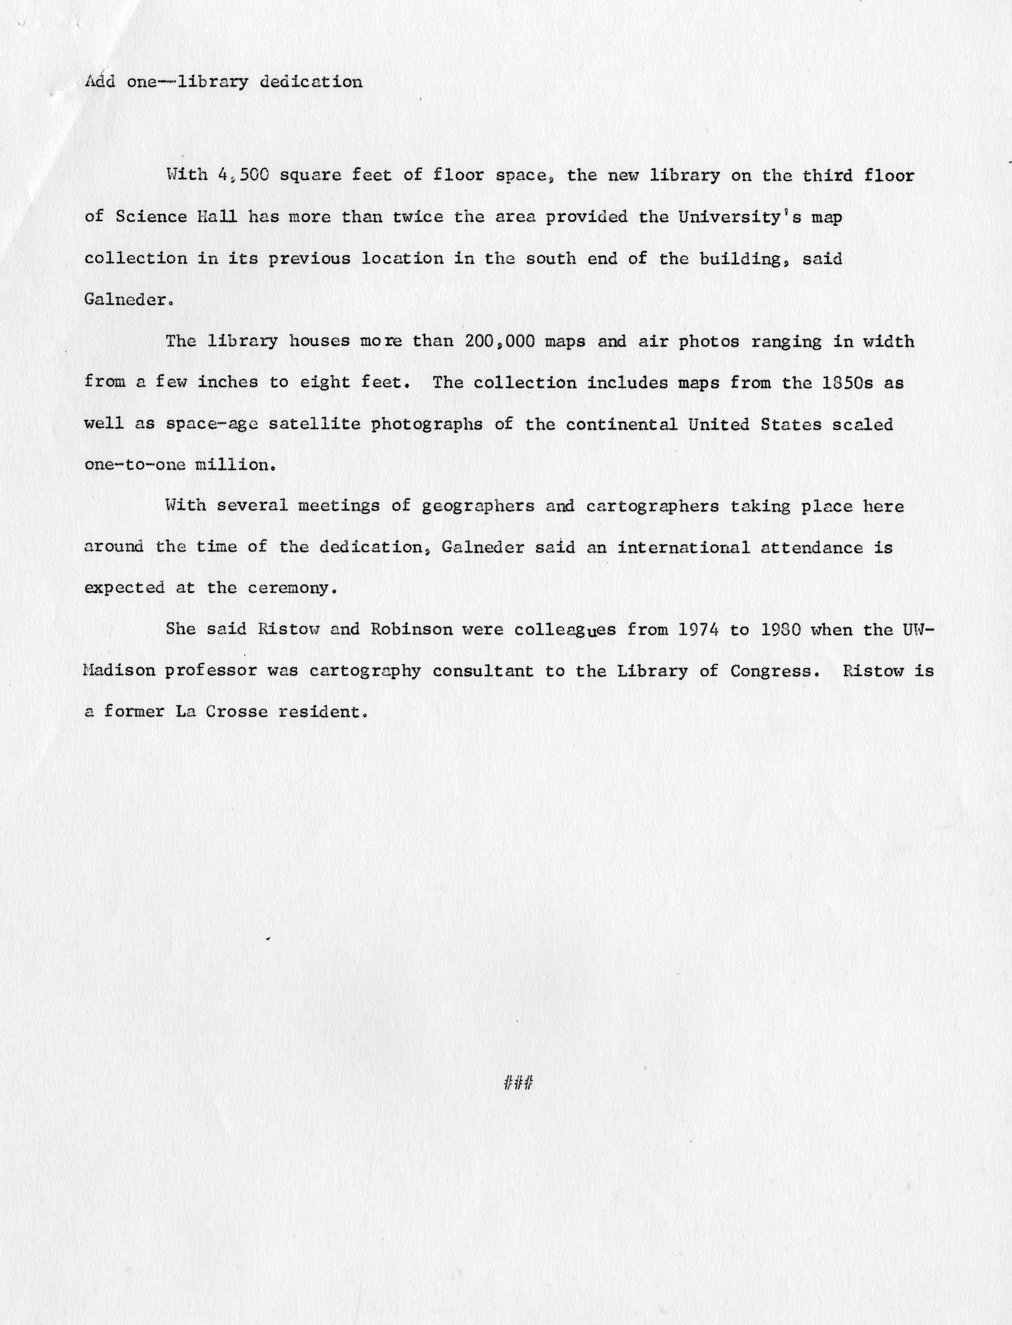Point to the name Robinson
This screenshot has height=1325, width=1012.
(x=410, y=630)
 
